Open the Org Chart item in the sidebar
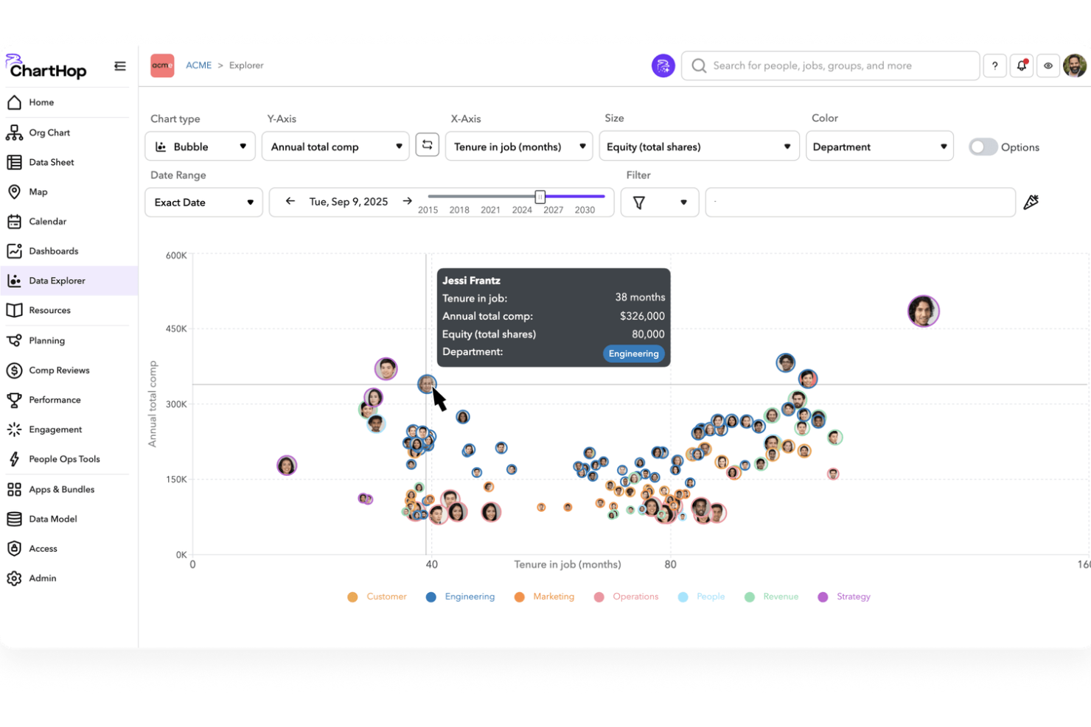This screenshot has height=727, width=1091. [49, 133]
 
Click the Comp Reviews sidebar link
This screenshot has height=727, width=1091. [59, 370]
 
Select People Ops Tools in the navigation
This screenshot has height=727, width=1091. [64, 459]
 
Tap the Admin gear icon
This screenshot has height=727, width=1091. [14, 578]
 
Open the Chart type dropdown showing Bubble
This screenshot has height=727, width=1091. [200, 147]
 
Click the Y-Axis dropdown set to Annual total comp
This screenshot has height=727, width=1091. [335, 147]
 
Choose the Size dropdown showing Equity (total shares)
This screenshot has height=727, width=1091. [698, 147]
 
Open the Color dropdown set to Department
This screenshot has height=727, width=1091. [879, 147]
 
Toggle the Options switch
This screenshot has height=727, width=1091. [983, 147]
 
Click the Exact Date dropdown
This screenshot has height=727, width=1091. [203, 203]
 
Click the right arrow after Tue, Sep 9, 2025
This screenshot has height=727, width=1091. [407, 201]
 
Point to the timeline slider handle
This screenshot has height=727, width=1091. [540, 197]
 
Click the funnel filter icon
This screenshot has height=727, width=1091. [639, 203]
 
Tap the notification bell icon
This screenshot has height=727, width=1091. [1022, 66]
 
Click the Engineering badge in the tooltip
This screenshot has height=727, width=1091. [633, 354]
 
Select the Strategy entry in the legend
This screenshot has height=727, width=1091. [853, 597]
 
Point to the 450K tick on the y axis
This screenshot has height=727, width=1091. [176, 329]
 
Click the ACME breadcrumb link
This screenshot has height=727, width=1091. [198, 66]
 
